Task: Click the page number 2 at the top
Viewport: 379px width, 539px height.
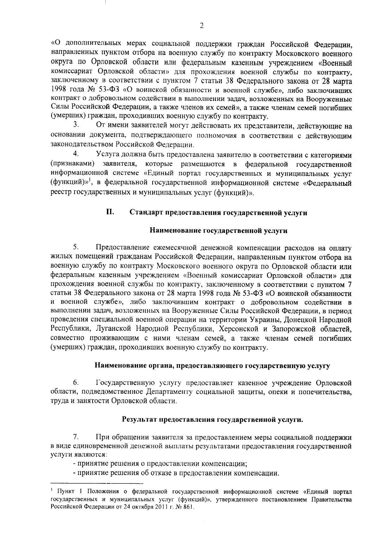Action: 202,26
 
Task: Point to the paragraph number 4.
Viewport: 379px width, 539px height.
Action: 75,155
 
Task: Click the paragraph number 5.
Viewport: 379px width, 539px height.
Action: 75,247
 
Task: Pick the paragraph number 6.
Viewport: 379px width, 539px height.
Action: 75,383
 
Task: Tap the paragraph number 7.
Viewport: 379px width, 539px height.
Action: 75,438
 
